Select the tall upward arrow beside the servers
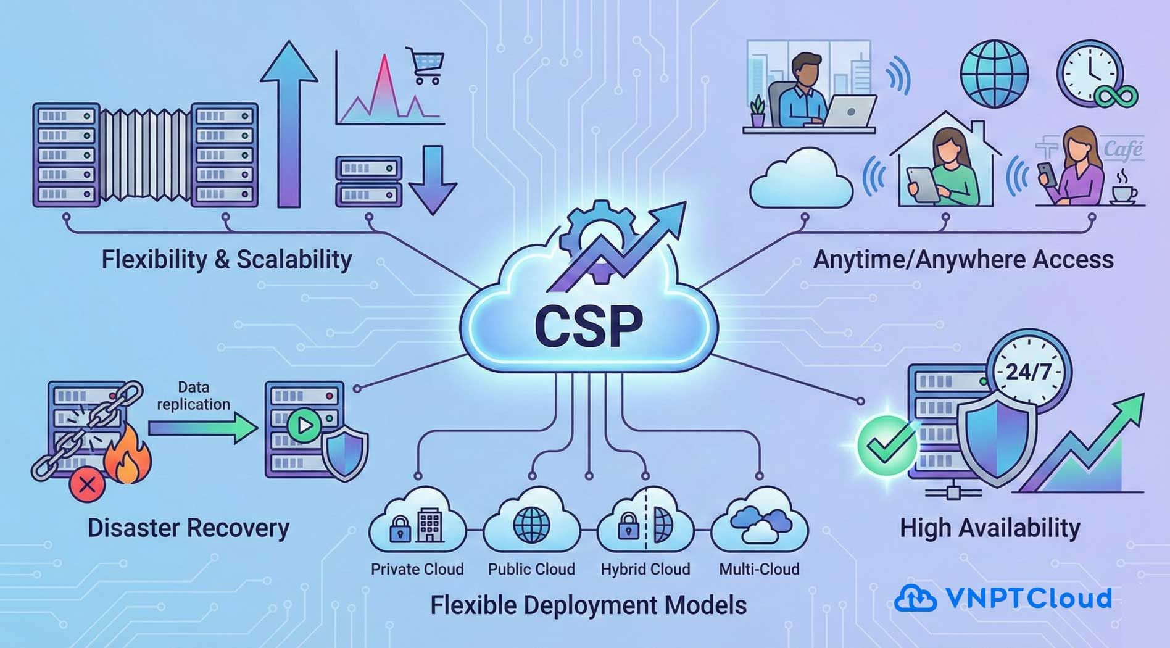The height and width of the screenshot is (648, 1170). [289, 123]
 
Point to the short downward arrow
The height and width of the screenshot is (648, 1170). [433, 180]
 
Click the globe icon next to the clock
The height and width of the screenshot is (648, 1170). [994, 74]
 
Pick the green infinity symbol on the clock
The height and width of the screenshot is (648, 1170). [1116, 96]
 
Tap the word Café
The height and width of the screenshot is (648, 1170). [1122, 150]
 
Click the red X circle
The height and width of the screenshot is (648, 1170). [87, 484]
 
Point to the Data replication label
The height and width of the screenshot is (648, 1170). [193, 396]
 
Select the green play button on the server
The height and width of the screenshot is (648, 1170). [304, 425]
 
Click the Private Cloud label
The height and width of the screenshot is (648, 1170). [417, 569]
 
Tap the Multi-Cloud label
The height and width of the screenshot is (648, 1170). [759, 569]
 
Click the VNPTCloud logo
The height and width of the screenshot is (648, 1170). [1003, 598]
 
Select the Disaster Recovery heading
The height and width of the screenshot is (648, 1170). [188, 528]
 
